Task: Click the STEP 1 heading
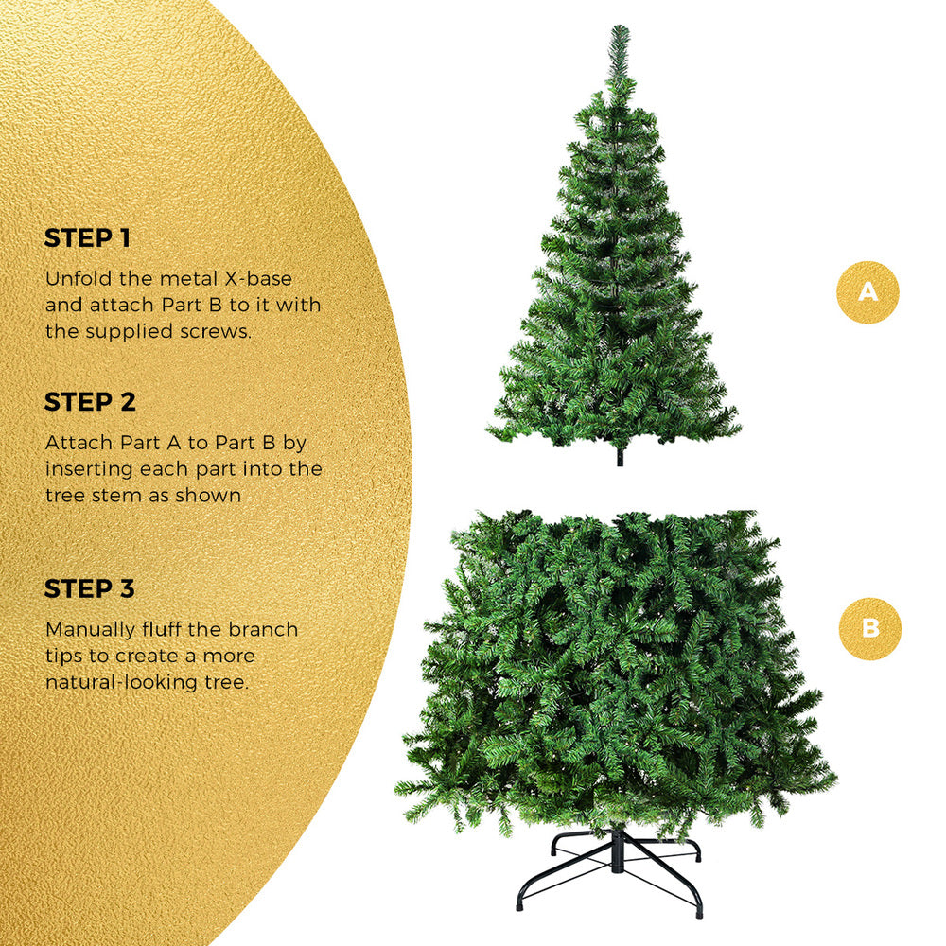pos(87,238)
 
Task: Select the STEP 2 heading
pos(90,402)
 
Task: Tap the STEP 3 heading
pos(90,588)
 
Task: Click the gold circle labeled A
pos(867,292)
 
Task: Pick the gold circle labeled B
pos(869,629)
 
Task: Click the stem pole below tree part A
pos(620,456)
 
